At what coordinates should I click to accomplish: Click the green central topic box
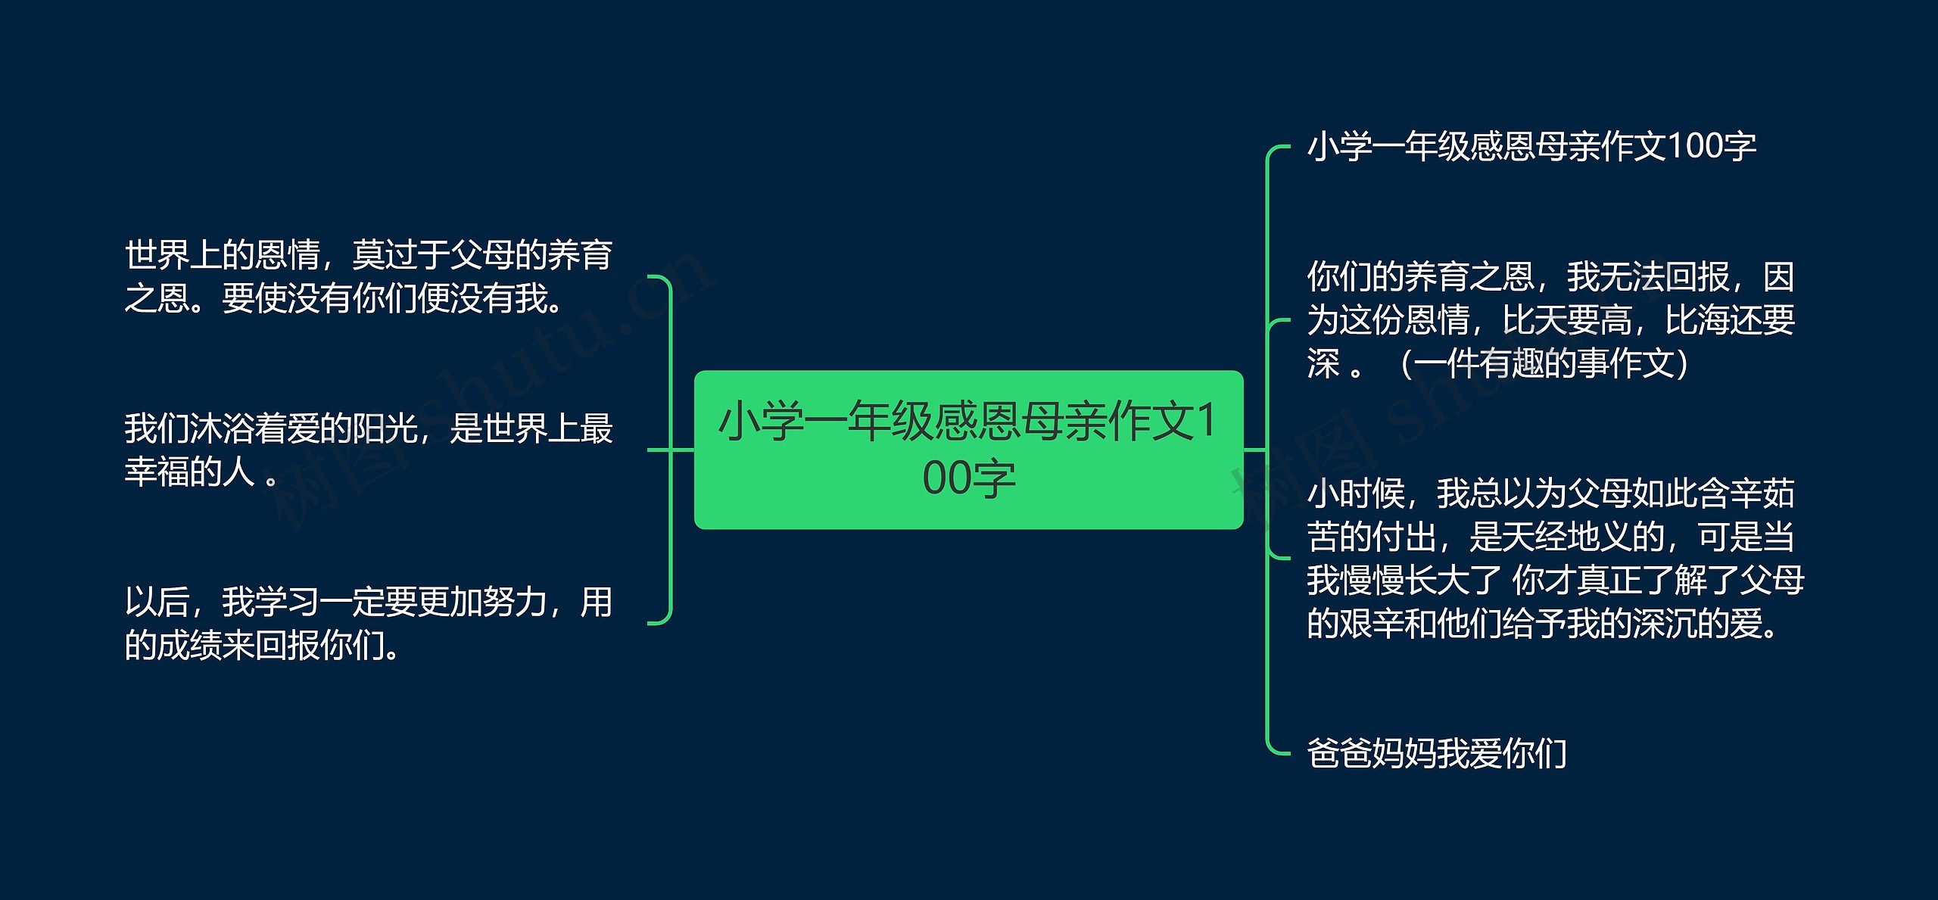[968, 449]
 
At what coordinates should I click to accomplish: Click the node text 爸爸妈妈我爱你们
[1436, 753]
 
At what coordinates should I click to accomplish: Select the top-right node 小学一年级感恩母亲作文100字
[1531, 146]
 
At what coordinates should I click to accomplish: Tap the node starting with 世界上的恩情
[368, 276]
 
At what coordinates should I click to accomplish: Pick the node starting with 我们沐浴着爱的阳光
[368, 450]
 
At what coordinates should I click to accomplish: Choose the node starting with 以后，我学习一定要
[368, 624]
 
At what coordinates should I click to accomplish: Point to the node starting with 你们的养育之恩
[1550, 320]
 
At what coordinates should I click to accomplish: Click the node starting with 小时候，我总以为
[1555, 559]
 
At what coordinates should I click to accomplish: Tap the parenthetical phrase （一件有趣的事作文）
[1543, 364]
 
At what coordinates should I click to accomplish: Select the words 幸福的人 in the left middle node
[189, 472]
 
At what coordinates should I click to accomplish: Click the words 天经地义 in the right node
[1599, 537]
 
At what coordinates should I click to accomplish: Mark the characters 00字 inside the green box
[968, 478]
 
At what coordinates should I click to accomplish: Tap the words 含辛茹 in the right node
[1746, 494]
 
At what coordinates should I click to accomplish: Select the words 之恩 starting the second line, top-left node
[157, 298]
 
